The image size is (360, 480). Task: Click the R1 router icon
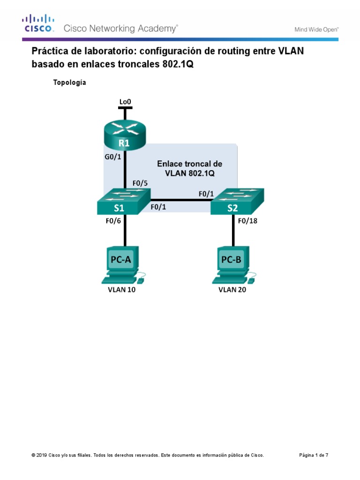coord(125,134)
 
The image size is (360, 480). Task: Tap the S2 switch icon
coord(237,202)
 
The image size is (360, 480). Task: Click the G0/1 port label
coord(113,157)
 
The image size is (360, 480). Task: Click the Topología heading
coord(70,82)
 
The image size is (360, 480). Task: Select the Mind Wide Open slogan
coord(316,29)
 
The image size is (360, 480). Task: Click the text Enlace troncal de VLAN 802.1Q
coord(189,168)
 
